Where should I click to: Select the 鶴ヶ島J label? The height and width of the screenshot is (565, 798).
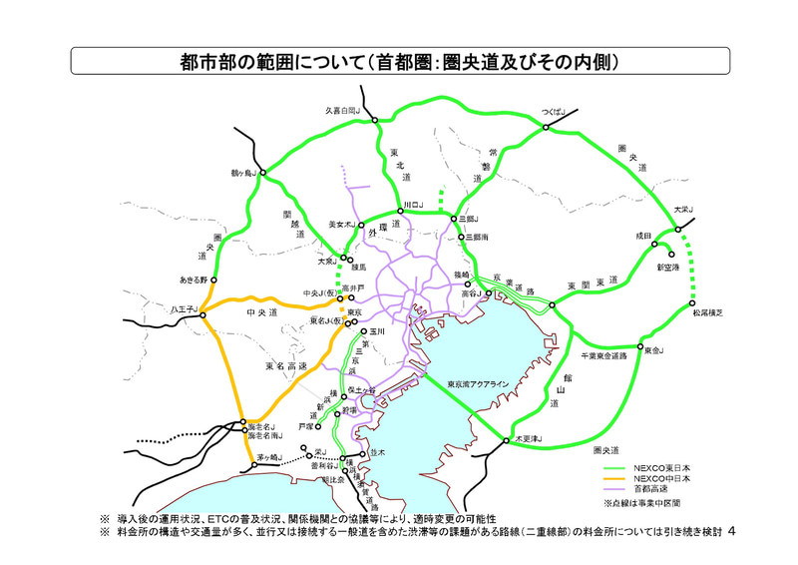tap(243, 173)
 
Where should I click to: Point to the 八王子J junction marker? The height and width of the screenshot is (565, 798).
tap(202, 315)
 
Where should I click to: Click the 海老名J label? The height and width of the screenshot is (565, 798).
tap(260, 426)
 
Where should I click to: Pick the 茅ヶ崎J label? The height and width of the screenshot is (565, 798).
tap(264, 458)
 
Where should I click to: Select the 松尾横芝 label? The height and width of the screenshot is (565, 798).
tap(707, 313)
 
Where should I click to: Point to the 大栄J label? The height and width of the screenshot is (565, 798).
tap(682, 210)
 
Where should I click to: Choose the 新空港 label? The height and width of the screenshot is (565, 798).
tap(667, 268)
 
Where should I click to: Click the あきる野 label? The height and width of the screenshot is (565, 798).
tap(193, 280)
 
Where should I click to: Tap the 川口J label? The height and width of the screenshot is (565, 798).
tap(412, 204)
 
